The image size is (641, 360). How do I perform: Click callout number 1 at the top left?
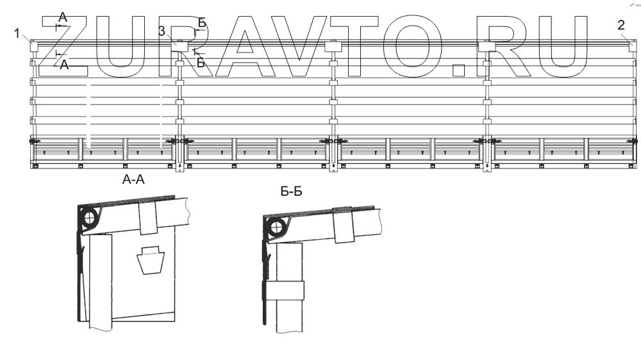coord(17,33)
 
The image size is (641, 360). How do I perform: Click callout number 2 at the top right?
coord(621,26)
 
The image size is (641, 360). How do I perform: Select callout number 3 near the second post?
coord(162,31)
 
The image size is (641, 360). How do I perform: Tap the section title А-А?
coord(133,179)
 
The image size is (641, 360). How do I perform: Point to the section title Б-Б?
coord(291,192)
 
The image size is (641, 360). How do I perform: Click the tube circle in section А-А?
coord(88,217)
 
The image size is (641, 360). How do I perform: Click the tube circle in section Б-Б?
coord(275,226)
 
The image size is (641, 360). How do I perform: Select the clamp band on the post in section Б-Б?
coord(285,291)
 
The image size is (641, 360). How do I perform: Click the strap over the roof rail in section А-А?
coord(148,218)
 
